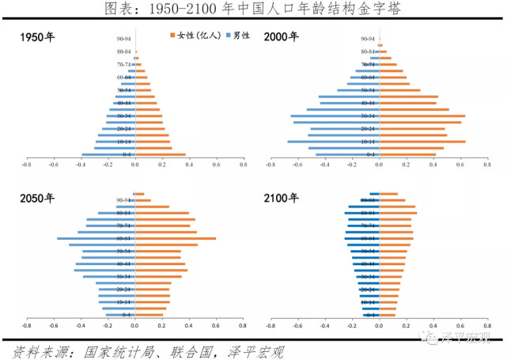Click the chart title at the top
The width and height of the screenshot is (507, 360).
[x=253, y=9]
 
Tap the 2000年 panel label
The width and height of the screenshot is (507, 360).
[x=282, y=37]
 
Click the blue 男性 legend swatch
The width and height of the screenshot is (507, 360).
[x=226, y=36]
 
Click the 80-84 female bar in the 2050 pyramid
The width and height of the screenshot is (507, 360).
[x=162, y=213]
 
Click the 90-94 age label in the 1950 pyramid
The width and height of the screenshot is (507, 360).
[x=123, y=39]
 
